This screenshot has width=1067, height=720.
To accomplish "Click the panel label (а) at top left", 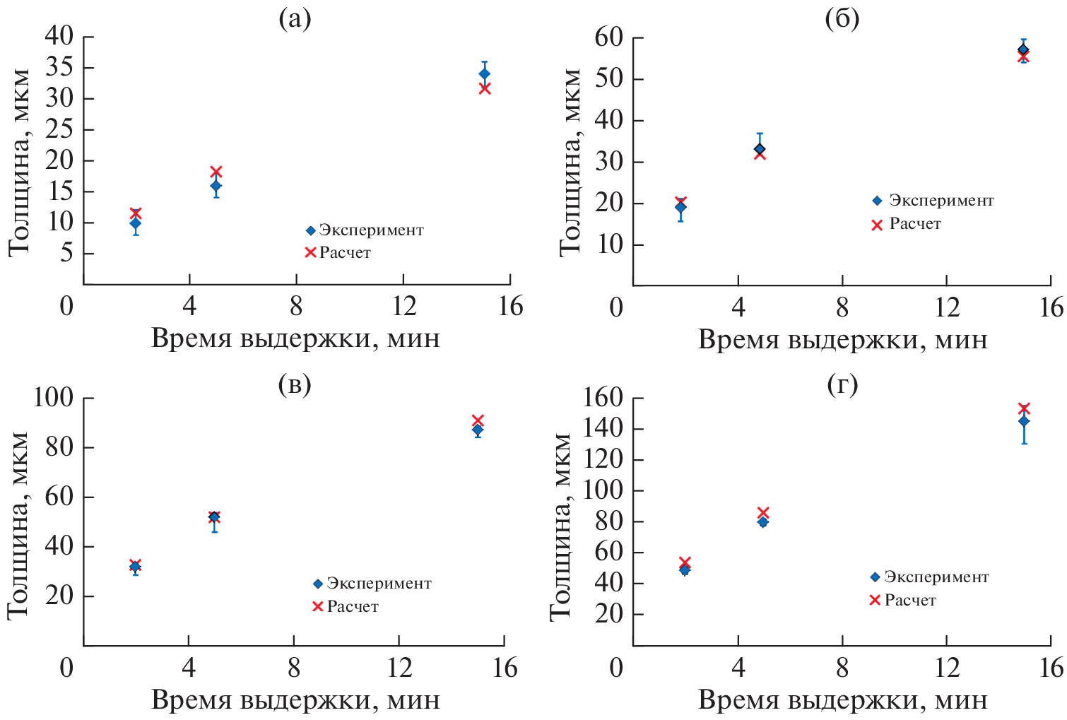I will pyautogui.click(x=295, y=18).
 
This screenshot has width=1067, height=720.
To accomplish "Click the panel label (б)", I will pyautogui.click(x=842, y=18).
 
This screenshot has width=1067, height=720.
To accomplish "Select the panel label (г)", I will pyautogui.click(x=842, y=384).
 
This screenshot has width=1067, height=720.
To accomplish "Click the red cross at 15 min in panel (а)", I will pyautogui.click(x=485, y=88).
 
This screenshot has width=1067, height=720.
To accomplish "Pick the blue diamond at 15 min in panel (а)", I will pyautogui.click(x=485, y=73).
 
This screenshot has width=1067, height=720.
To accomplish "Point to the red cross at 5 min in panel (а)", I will pyautogui.click(x=216, y=172).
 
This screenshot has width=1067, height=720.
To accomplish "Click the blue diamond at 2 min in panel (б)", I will pyautogui.click(x=680, y=208).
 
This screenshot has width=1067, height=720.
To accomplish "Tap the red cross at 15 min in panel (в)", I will pyautogui.click(x=478, y=420).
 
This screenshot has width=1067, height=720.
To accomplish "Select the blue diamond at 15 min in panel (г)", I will pyautogui.click(x=1024, y=421).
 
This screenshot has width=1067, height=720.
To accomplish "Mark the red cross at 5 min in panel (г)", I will pyautogui.click(x=763, y=513).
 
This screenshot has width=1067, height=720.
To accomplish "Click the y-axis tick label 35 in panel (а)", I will pyautogui.click(x=59, y=68).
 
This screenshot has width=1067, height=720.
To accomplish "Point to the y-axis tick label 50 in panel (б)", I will pyautogui.click(x=609, y=78).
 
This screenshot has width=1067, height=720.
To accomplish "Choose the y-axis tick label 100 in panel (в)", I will pyautogui.click(x=53, y=398).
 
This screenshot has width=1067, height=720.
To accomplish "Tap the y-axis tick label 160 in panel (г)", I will pyautogui.click(x=603, y=398).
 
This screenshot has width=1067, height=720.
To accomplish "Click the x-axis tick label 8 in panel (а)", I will pyautogui.click(x=296, y=307).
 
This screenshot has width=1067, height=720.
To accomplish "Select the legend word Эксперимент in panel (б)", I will pyautogui.click(x=941, y=201).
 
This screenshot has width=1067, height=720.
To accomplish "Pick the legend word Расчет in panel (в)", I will pyautogui.click(x=353, y=607).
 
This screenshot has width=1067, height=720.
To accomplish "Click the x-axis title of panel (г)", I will pyautogui.click(x=842, y=700).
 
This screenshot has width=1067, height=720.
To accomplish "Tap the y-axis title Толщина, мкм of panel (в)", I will pyautogui.click(x=18, y=526).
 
